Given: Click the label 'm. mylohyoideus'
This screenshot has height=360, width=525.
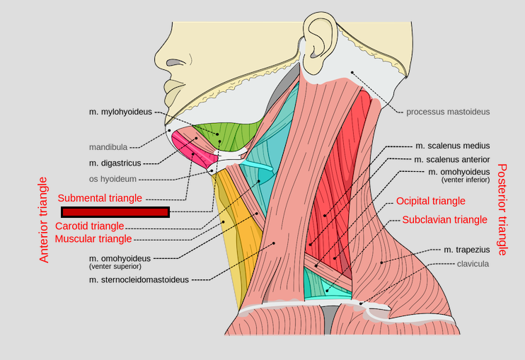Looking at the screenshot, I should [120, 112].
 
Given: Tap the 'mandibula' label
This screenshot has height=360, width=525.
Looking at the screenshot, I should [108, 147].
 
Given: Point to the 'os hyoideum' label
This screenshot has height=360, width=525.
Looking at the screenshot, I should [112, 180].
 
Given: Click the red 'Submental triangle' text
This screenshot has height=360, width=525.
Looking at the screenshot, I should [100, 198].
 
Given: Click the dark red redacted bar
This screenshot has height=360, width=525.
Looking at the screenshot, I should [115, 212].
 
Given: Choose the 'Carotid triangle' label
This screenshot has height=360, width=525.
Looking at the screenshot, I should [90, 226].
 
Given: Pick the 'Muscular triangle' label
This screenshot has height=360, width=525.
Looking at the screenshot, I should [93, 239].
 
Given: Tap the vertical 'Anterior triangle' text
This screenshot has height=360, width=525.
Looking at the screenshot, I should [45, 220].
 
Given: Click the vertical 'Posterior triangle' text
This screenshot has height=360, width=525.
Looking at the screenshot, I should [502, 209].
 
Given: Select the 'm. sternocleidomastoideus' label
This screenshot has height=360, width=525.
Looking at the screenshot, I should [139, 280].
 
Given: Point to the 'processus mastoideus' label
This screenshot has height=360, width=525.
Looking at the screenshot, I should [448, 112].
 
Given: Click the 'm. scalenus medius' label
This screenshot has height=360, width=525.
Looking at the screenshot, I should [452, 146].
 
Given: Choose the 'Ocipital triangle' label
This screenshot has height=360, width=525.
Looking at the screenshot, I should [431, 202].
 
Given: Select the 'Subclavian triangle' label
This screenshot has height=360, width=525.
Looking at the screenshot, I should [444, 220].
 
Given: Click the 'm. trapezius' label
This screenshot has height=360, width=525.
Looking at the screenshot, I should [466, 250].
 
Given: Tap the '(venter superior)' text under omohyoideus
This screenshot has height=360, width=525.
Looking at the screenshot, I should [115, 267].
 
